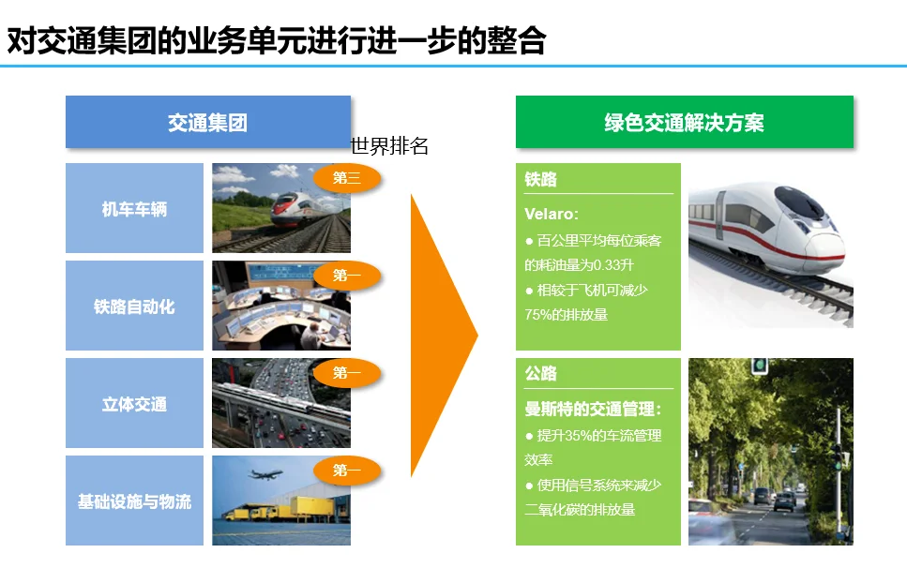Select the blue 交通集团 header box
click(x=207, y=122)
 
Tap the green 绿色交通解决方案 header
click(x=684, y=122)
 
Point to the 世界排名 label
click(x=389, y=147)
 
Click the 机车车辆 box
click(x=134, y=209)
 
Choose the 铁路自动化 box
click(x=134, y=306)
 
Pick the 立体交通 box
click(x=134, y=404)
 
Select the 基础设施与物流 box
click(x=134, y=501)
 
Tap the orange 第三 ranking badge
click(x=347, y=178)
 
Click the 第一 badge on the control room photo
click(x=347, y=276)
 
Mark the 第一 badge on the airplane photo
click(x=347, y=471)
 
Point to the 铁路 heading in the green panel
click(x=541, y=179)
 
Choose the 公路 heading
click(x=541, y=373)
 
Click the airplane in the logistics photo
click(x=267, y=476)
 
